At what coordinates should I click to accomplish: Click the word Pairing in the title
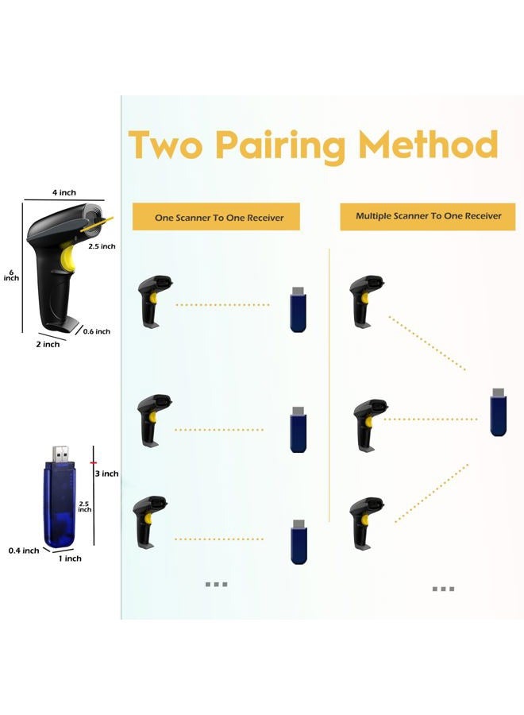click(x=279, y=146)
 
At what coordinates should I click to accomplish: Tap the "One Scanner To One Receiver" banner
click(x=216, y=217)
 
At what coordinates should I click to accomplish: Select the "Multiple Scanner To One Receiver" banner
click(x=428, y=217)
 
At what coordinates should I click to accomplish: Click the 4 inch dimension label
click(x=64, y=193)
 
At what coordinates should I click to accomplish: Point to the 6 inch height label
click(x=11, y=276)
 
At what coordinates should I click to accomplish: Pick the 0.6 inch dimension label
click(x=97, y=331)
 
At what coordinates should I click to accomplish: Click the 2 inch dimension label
click(x=48, y=344)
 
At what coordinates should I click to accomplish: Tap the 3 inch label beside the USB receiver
click(x=106, y=473)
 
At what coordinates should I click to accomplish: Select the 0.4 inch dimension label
click(x=24, y=551)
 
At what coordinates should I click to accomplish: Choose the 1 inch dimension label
click(x=70, y=558)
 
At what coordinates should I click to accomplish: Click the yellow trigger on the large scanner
click(x=67, y=258)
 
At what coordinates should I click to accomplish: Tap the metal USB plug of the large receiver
click(x=60, y=454)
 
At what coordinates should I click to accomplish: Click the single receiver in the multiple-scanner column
click(x=498, y=412)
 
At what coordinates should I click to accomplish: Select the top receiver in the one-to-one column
click(x=298, y=310)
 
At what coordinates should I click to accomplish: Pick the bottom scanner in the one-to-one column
click(x=150, y=523)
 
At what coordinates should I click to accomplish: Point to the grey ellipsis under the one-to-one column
click(x=217, y=584)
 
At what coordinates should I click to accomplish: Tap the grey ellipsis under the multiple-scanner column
click(x=443, y=589)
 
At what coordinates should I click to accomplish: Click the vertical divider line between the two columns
click(x=329, y=385)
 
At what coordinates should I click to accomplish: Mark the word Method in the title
click(x=428, y=144)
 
